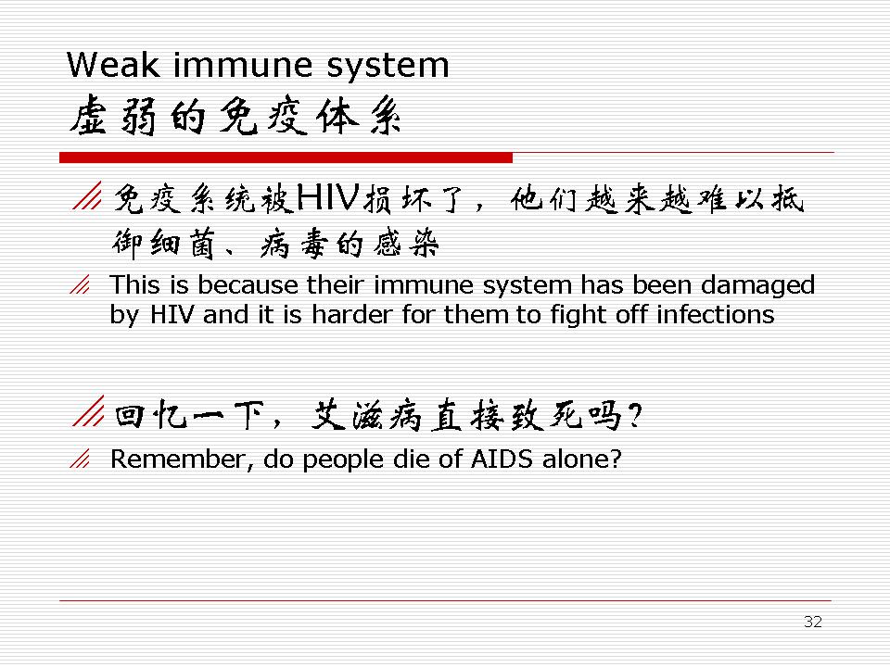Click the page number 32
[x=813, y=622]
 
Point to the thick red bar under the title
[x=286, y=157]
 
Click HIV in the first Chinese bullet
[x=327, y=197]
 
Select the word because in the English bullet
[x=248, y=284]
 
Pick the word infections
[x=715, y=314]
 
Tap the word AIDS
[x=502, y=459]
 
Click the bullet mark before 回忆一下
[x=89, y=410]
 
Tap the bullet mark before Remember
[x=80, y=459]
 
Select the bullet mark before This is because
[x=80, y=284]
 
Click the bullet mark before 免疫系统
[x=87, y=195]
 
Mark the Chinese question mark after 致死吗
[x=635, y=415]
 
